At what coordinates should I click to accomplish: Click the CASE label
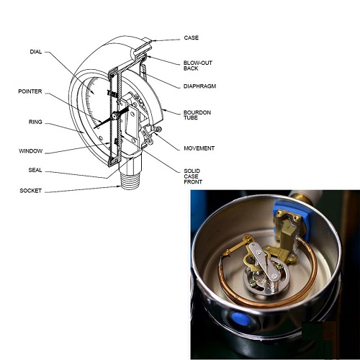192,37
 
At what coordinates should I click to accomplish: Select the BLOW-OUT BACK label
198,66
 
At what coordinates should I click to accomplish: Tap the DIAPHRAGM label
199,86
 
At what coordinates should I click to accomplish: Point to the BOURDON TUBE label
197,115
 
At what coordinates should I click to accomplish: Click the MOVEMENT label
199,148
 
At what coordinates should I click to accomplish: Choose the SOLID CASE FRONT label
193,176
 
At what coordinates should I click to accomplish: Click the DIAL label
36,52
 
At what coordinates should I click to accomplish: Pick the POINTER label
30,91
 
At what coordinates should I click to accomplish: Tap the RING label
35,122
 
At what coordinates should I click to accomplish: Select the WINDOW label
31,151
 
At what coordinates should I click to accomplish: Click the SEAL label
35,170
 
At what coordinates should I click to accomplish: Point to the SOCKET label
31,191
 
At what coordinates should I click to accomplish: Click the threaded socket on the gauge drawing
130,181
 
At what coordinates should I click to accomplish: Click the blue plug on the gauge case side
240,319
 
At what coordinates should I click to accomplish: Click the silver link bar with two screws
264,261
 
